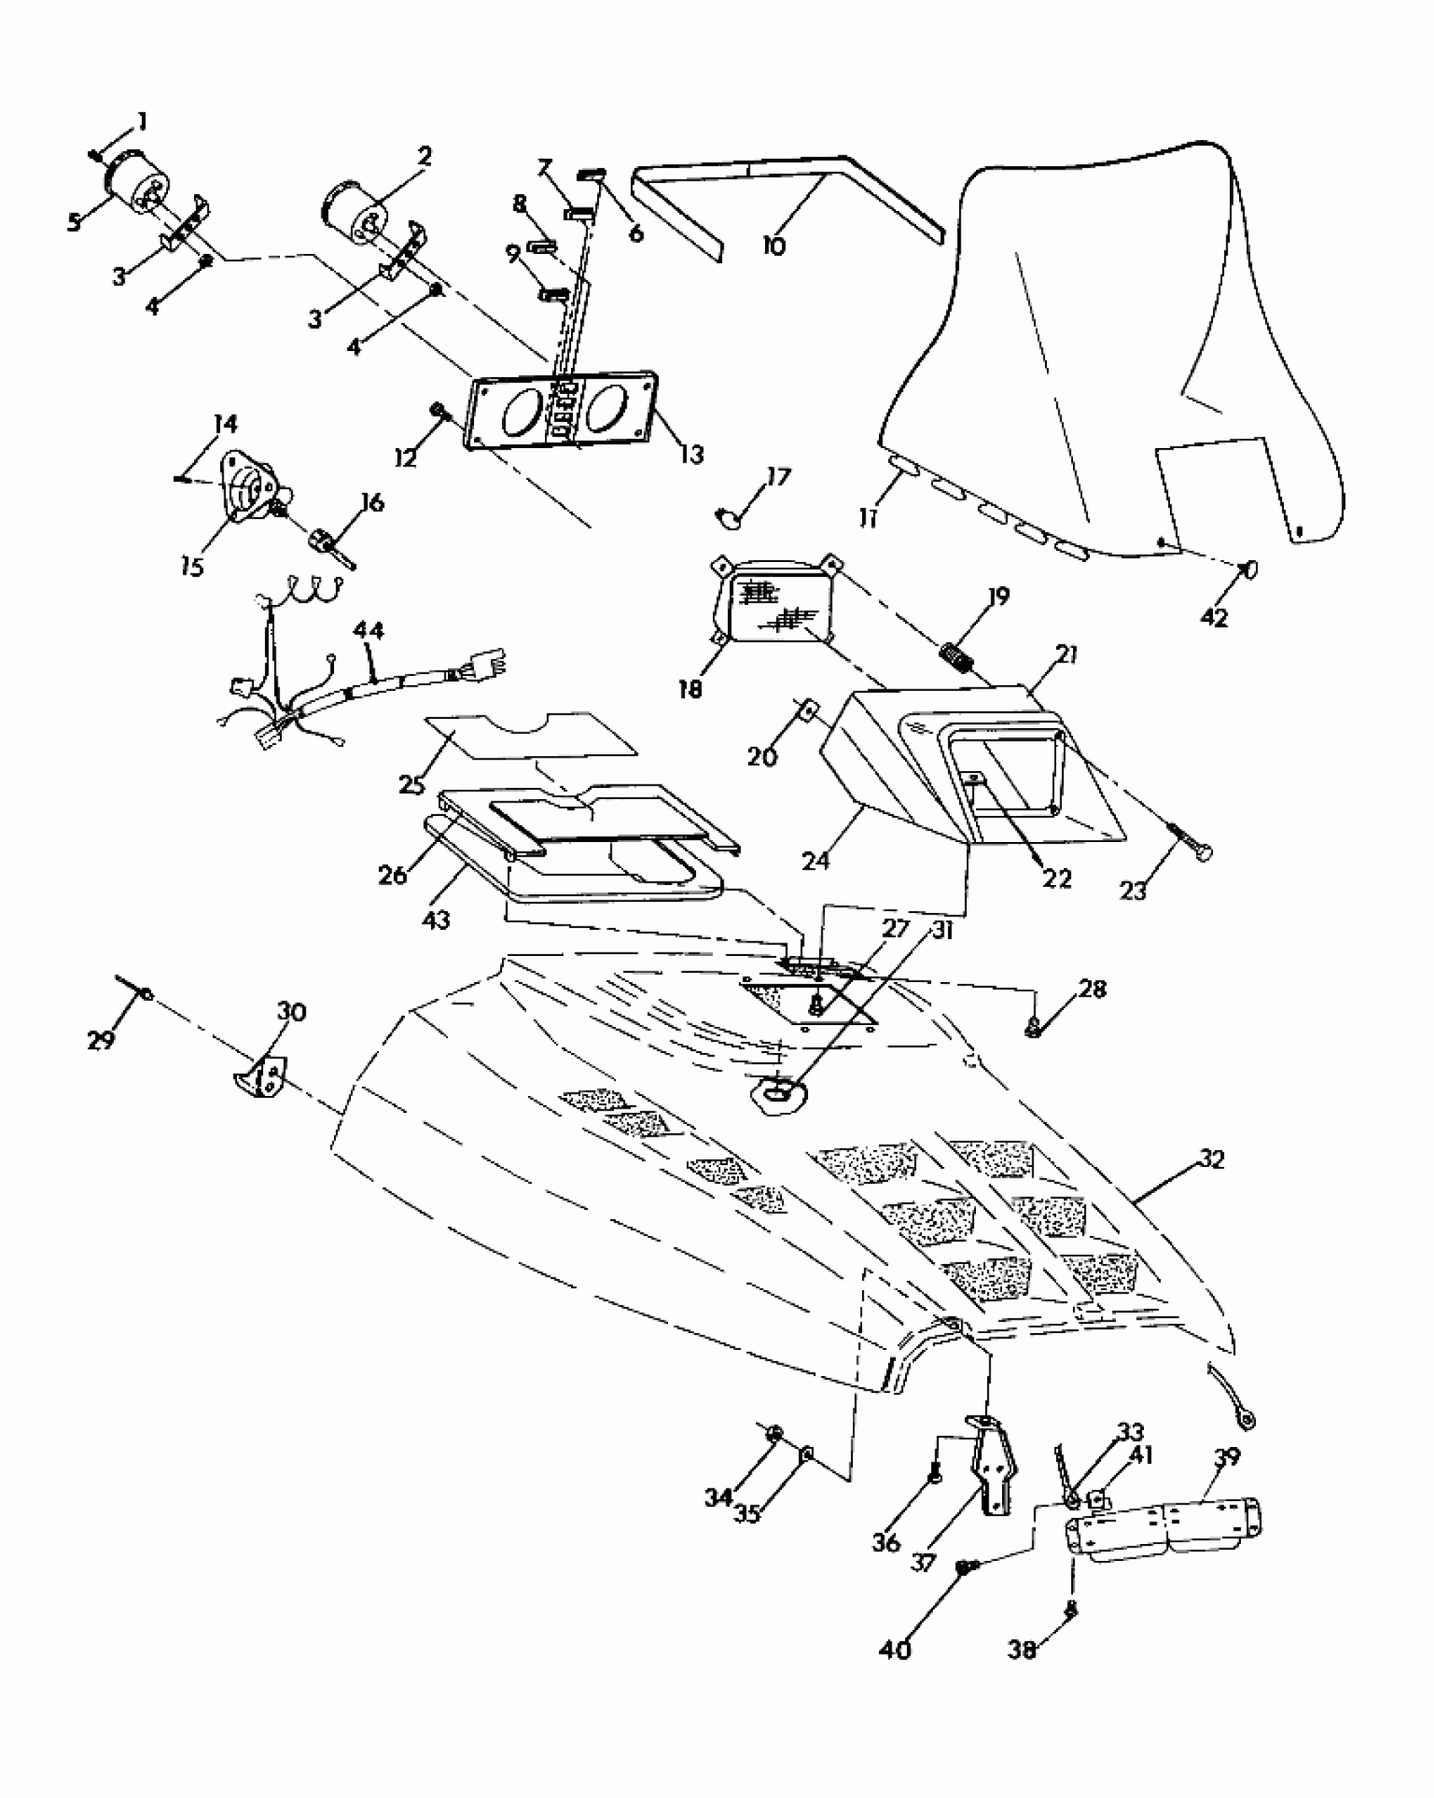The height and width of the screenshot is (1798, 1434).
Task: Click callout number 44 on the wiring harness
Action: [368, 631]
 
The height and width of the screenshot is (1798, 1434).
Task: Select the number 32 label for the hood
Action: [1210, 1161]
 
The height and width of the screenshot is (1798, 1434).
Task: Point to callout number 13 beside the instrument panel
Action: [691, 456]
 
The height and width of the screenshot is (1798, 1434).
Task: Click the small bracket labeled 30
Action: [260, 1077]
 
